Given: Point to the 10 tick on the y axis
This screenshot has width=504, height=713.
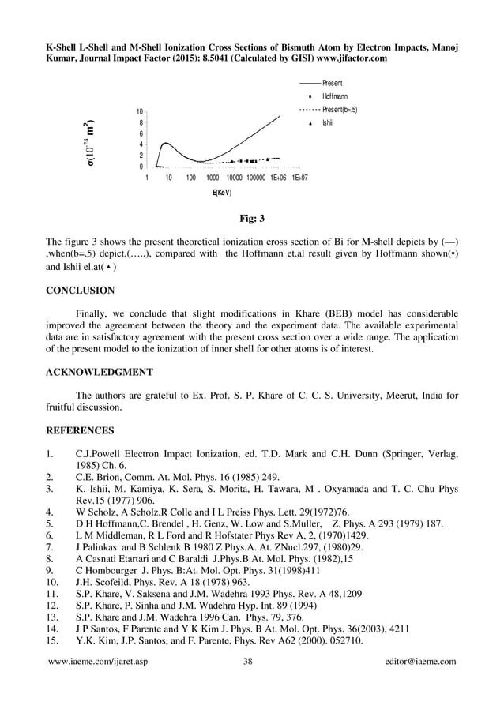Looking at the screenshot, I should pos(138,112).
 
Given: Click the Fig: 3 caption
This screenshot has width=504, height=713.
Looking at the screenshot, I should pos(251,218).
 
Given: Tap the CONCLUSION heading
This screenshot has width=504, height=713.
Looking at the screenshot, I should pos(80,291).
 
